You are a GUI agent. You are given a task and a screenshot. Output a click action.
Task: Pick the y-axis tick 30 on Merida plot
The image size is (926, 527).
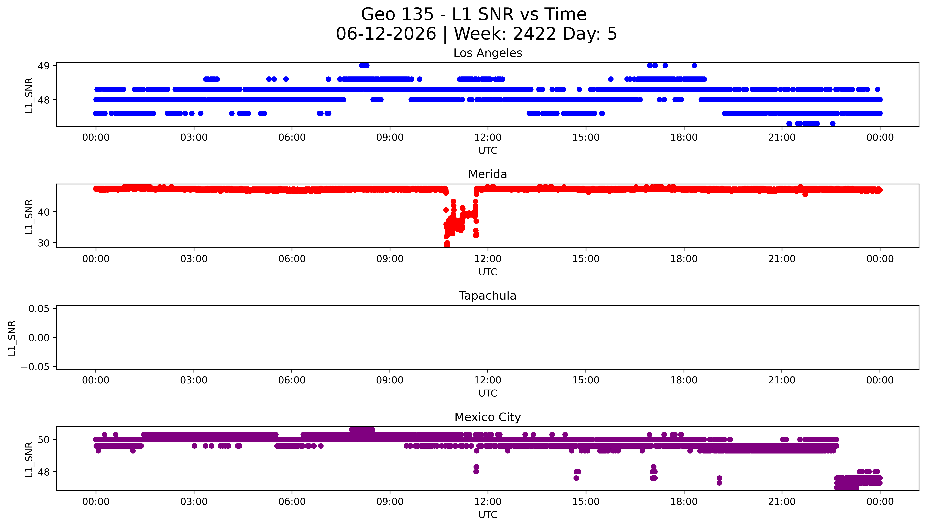pos(44,243)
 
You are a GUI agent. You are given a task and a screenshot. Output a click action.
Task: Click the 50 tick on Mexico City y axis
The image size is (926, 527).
pos(44,440)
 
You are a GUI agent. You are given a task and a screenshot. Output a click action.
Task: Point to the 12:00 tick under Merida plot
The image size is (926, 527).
pos(488,259)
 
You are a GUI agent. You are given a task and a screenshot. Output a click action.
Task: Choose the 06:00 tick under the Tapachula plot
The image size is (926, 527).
pos(292,380)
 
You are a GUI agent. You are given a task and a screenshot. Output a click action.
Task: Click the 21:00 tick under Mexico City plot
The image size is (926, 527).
pos(782,502)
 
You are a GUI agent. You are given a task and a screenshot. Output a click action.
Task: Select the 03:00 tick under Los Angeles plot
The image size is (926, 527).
pos(194,138)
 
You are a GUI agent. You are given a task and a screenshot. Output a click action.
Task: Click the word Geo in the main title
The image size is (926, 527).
pos(379,14)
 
